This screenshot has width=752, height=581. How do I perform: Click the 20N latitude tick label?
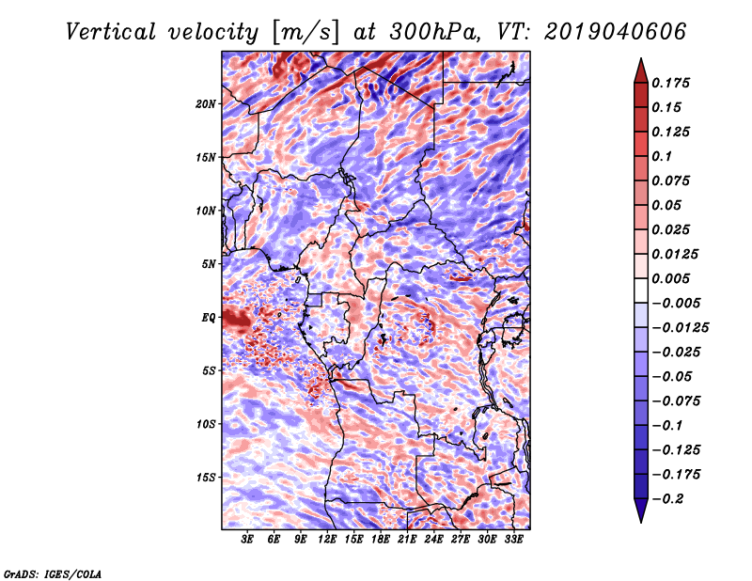pos(206,103)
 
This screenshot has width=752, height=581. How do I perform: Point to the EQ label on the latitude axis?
pos(208,318)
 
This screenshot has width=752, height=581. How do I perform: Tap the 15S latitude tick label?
pos(206,478)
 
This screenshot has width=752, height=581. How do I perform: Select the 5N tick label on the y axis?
pos(208,264)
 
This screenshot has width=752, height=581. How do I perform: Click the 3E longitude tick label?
pos(248,540)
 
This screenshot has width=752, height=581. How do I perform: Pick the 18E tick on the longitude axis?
pos(381,540)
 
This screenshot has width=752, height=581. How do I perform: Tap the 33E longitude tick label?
pos(513,540)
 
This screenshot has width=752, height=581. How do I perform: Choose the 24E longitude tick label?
pos(433,540)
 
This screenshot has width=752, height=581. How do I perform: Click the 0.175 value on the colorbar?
pos(673,83)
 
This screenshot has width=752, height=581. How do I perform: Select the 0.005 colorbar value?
pos(673,278)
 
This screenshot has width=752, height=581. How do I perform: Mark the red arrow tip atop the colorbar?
pos(639,64)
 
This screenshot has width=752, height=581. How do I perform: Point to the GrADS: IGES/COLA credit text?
pos(53,572)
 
